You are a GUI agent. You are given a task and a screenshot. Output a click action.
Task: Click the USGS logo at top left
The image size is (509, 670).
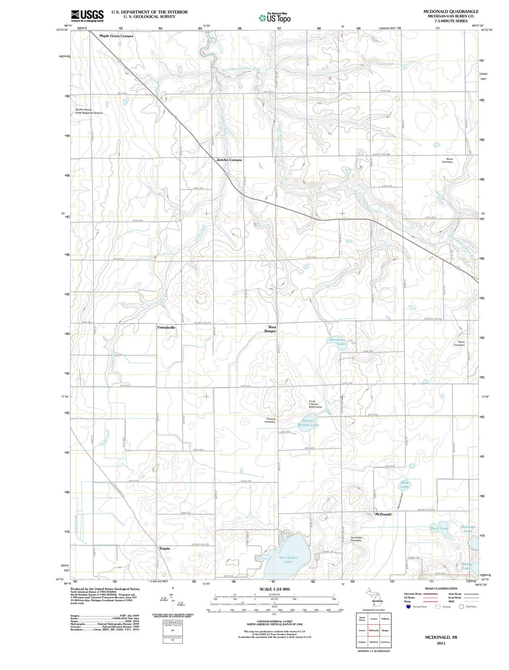tap(87, 15)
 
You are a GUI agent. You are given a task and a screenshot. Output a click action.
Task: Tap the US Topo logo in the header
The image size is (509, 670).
tap(275, 18)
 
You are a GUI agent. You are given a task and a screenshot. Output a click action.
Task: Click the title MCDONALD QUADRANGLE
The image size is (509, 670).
tap(451, 11)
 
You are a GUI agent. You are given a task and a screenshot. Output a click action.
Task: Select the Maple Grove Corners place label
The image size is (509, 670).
tap(116, 36)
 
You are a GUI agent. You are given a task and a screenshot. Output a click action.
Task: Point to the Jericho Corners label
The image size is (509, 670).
tap(229, 160)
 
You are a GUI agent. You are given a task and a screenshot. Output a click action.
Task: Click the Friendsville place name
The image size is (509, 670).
tap(166, 327)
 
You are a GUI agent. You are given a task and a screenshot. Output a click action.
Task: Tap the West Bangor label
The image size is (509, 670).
tap(272, 329)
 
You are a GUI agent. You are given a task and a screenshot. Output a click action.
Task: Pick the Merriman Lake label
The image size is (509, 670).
tap(337, 342)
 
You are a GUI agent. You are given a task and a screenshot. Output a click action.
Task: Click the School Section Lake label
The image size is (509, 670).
tap(308, 423)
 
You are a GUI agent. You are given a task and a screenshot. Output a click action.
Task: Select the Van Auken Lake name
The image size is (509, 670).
tap(288, 559)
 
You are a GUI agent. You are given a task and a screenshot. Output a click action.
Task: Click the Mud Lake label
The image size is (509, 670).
tap(404, 484)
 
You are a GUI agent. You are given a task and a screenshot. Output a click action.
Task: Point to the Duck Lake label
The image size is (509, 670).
tap(439, 528)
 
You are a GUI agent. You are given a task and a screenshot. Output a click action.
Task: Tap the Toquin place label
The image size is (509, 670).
tap(165, 548)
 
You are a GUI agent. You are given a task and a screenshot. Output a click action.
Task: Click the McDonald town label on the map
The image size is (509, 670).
tap(383, 514)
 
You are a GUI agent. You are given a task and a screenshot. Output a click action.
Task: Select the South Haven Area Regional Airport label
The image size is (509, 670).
tap(89, 111)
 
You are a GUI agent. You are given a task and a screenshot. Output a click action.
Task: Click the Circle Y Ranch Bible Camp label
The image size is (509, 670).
tap(315, 404)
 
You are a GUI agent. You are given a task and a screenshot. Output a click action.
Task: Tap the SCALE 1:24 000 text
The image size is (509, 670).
tap(274, 589)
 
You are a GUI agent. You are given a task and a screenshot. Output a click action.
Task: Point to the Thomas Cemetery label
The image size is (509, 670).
tap(270, 420)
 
